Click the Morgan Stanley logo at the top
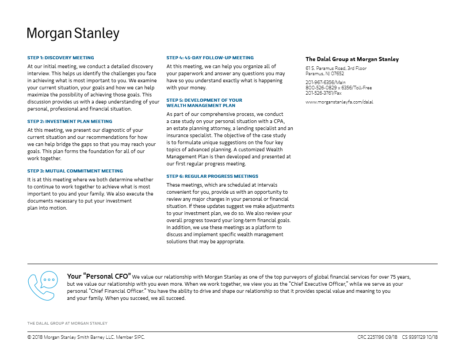point(73,34)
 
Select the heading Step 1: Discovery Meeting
point(61,57)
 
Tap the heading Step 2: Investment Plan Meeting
point(70,121)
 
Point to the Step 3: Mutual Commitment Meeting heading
point(75,171)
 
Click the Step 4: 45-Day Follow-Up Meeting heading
point(210,57)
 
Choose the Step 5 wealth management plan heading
point(204,103)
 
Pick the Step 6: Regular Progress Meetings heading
point(212,176)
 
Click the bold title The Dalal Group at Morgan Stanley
point(352,59)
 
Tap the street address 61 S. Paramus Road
point(336,68)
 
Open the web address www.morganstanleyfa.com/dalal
point(339,102)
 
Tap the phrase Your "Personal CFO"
point(99,276)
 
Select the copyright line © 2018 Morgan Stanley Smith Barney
point(86,337)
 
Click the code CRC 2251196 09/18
point(377,337)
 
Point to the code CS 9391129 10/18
point(420,337)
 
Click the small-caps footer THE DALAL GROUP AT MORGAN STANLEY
point(67,323)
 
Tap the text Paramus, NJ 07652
point(325,73)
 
